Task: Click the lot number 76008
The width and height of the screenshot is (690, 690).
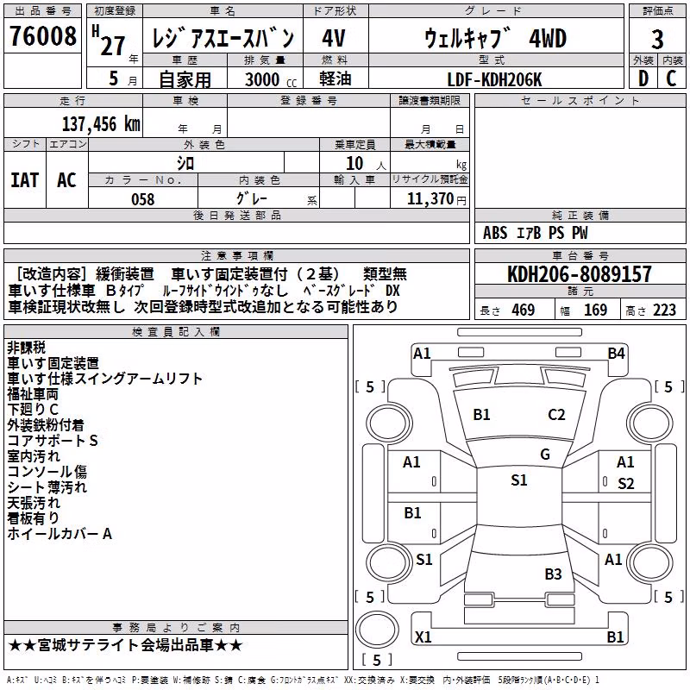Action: [x=42, y=36]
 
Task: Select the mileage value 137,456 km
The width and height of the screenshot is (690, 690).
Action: [x=101, y=124]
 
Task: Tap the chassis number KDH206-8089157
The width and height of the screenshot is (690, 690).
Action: [x=579, y=274]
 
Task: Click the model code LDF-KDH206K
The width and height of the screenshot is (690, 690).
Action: [x=494, y=79]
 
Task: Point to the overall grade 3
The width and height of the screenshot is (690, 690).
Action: [x=657, y=40]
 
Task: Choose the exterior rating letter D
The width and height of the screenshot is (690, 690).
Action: [x=643, y=78]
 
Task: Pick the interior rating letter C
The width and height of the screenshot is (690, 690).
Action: [x=671, y=78]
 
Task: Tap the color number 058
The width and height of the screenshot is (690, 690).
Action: [x=142, y=199]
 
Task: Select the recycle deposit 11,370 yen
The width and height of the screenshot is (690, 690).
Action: [x=436, y=199]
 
